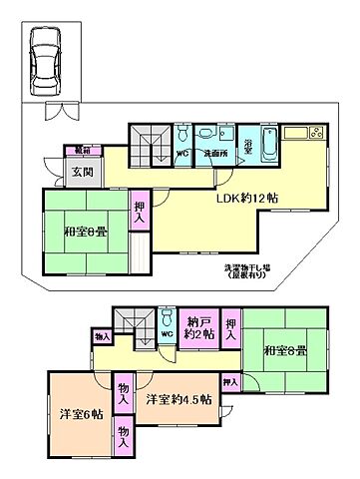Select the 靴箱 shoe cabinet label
79,151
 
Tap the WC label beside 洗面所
182,154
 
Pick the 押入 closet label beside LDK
139,210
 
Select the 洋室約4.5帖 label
179,399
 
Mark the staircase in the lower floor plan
131,322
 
